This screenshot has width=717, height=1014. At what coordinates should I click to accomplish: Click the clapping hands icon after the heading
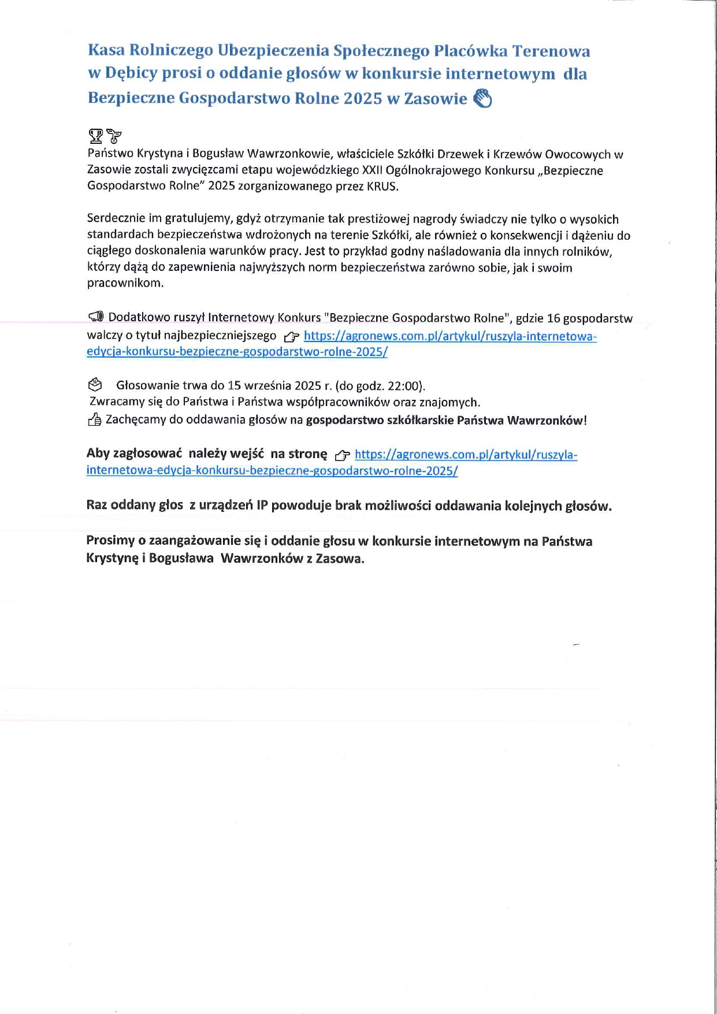482,98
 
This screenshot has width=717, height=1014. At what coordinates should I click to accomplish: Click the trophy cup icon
95,136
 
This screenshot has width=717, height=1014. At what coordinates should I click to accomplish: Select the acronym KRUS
382,186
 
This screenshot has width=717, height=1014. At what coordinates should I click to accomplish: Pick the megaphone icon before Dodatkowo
96,317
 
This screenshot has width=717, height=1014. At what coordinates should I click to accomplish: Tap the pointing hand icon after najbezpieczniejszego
292,337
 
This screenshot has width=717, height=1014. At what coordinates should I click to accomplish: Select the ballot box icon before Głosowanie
95,384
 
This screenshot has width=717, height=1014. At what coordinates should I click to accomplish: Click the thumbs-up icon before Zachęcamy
94,420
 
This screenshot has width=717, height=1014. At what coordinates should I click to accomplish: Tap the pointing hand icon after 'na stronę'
342,455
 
